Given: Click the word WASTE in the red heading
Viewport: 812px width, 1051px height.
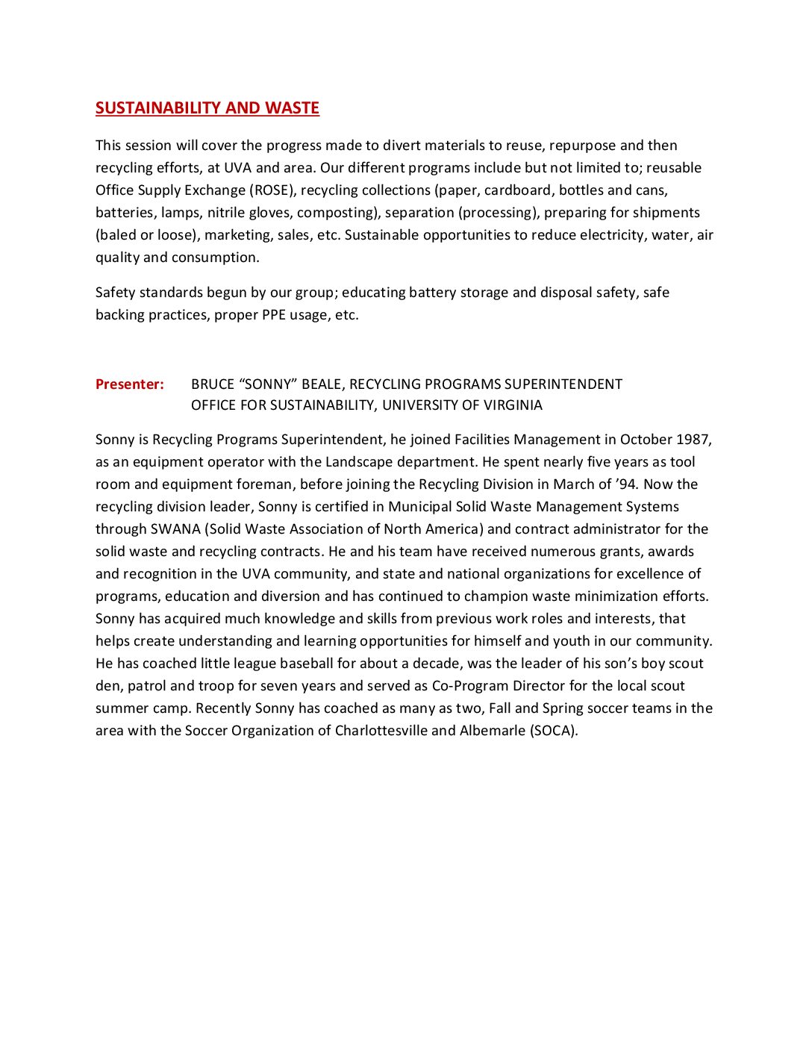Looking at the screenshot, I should (x=292, y=108).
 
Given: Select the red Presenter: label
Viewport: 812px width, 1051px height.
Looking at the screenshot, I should (x=129, y=384).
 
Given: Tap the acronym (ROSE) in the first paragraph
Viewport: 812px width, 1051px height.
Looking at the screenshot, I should (x=272, y=190).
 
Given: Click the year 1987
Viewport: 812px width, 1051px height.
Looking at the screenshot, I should (x=693, y=440).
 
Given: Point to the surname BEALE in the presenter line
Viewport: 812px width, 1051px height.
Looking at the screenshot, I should (x=322, y=384).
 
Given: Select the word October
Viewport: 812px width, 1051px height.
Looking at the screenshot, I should (x=646, y=440).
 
